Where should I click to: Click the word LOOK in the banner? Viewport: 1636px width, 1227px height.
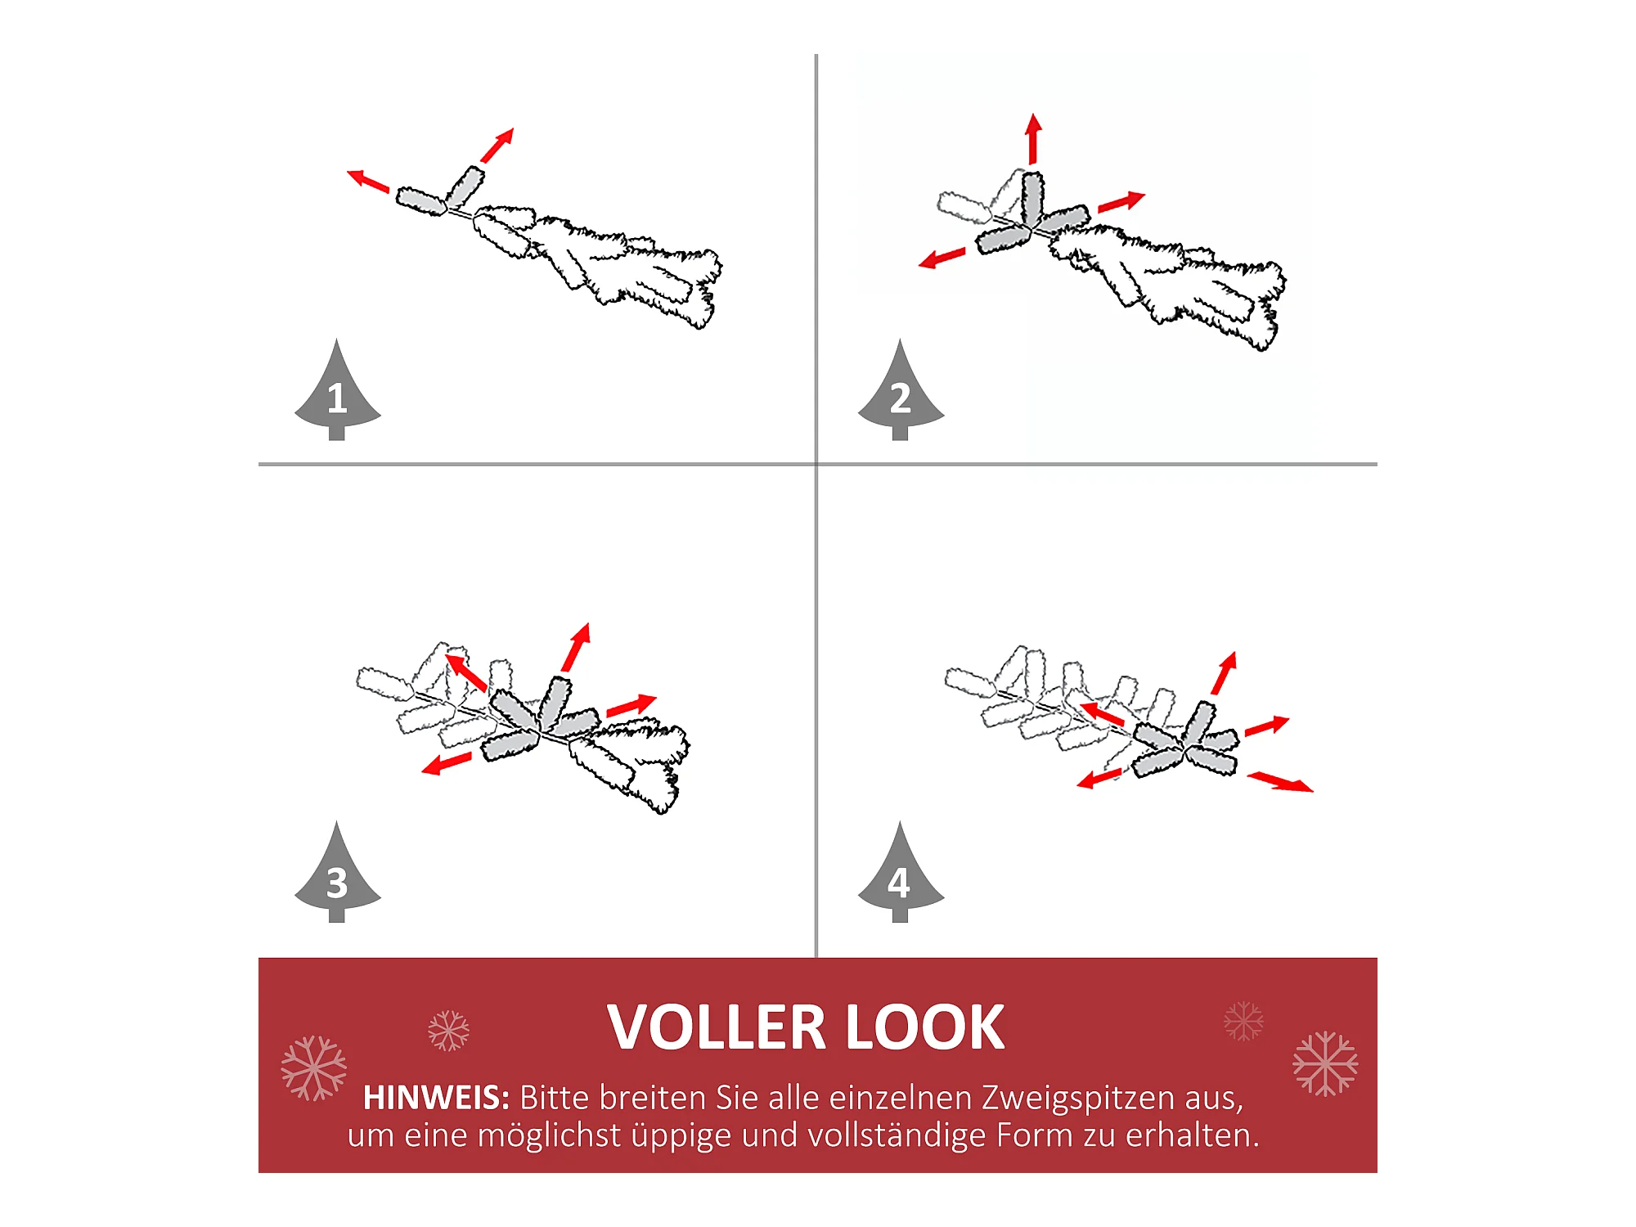click(925, 1027)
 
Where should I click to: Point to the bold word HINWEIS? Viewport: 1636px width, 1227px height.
click(437, 1098)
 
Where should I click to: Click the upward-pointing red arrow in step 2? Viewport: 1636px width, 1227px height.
click(1034, 138)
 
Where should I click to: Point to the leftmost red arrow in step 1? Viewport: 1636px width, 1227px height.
click(368, 181)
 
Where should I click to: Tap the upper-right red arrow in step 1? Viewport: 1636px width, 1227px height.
click(497, 145)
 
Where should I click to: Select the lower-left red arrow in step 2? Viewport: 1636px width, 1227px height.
click(942, 258)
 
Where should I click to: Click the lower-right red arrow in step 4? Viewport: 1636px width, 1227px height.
click(1280, 782)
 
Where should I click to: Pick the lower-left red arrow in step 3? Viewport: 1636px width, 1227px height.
click(447, 764)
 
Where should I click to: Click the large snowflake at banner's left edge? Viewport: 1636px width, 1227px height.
click(314, 1068)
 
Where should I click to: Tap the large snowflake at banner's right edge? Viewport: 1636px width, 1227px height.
click(1325, 1063)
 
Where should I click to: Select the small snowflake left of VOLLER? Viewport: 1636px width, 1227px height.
click(449, 1031)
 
